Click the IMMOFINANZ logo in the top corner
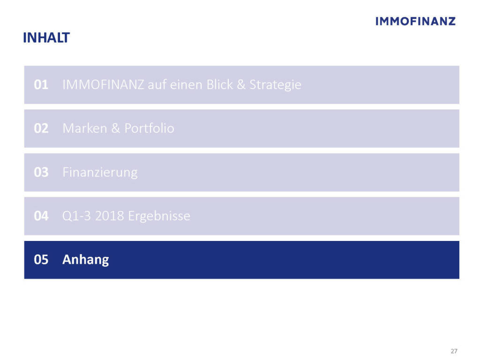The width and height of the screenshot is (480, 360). pyautogui.click(x=415, y=21)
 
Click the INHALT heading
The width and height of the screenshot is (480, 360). pyautogui.click(x=46, y=37)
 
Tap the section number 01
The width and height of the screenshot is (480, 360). pyautogui.click(x=41, y=85)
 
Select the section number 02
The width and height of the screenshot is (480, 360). pyautogui.click(x=41, y=128)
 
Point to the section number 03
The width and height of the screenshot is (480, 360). pyautogui.click(x=41, y=172)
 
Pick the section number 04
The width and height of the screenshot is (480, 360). pyautogui.click(x=41, y=216)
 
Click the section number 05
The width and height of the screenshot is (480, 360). pyautogui.click(x=41, y=260)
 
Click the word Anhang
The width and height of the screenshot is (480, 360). pyautogui.click(x=86, y=260)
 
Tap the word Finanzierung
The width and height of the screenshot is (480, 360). pyautogui.click(x=100, y=172)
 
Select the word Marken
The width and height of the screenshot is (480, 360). pyautogui.click(x=85, y=128)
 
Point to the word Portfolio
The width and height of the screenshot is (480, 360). pyautogui.click(x=150, y=128)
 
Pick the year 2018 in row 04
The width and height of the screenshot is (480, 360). pyautogui.click(x=110, y=216)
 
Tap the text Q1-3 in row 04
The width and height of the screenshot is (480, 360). pyautogui.click(x=76, y=216)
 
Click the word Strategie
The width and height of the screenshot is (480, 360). pyautogui.click(x=276, y=85)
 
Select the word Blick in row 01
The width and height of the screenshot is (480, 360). pyautogui.click(x=220, y=84)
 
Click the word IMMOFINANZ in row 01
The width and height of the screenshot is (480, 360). pyautogui.click(x=103, y=85)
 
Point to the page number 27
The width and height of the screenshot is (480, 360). pyautogui.click(x=454, y=351)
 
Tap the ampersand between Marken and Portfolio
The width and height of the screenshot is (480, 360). pyautogui.click(x=116, y=128)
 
